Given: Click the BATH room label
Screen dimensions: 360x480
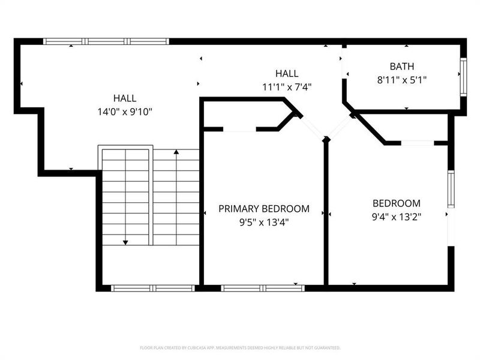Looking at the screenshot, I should click(x=401, y=66).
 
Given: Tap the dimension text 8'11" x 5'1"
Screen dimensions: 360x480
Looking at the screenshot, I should click(x=401, y=79).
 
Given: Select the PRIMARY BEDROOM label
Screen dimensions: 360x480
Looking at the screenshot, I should click(x=264, y=209).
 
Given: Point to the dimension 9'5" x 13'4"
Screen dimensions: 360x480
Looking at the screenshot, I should click(x=264, y=221).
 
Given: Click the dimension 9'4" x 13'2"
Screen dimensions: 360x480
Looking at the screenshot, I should click(x=396, y=217).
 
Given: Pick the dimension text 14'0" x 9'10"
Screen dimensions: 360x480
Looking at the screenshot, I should click(x=124, y=111).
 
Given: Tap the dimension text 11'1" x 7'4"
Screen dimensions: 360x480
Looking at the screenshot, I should click(x=287, y=86).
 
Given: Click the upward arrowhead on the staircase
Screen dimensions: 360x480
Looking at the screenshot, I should click(x=176, y=154).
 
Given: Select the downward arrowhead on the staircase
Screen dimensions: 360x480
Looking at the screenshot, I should click(x=125, y=242).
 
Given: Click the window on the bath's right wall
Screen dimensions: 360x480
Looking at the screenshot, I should click(x=463, y=76).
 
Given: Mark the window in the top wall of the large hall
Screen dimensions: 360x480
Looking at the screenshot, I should click(x=106, y=41).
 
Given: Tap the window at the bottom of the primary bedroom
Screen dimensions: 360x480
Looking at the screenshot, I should click(x=263, y=288).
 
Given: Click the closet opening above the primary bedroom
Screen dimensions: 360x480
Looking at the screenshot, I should click(x=240, y=128).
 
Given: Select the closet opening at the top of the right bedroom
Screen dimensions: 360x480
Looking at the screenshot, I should click(x=418, y=143).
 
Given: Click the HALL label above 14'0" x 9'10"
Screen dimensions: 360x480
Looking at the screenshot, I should click(x=124, y=98).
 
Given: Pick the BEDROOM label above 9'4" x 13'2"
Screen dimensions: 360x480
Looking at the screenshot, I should click(x=396, y=203).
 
